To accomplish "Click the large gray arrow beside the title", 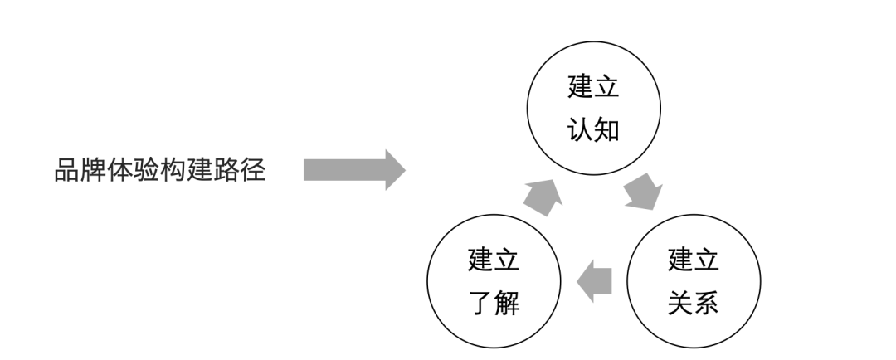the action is coord(354,170).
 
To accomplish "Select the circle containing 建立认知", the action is coord(594,41).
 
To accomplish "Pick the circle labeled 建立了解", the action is coord(494,215).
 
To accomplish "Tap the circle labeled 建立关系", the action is coord(694,215).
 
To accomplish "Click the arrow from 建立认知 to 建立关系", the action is coord(644,192).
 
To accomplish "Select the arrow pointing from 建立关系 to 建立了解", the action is coord(594,281).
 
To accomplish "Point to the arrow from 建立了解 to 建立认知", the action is coord(543,197).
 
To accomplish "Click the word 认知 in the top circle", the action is coord(594,129).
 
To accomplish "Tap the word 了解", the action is coord(494,303).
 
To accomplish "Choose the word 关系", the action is coord(694,303).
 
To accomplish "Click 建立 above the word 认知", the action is coord(594,86).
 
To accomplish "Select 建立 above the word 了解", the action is coord(494,260).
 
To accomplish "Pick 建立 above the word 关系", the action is coord(694,260).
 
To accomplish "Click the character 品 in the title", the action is coord(67,170).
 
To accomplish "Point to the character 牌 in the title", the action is coord(93,170).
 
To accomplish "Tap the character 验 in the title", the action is coord(147,170).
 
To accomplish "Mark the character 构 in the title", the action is coord(173,170).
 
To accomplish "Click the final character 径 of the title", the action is coord(253,170).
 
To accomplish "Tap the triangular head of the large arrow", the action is coord(395,170).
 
